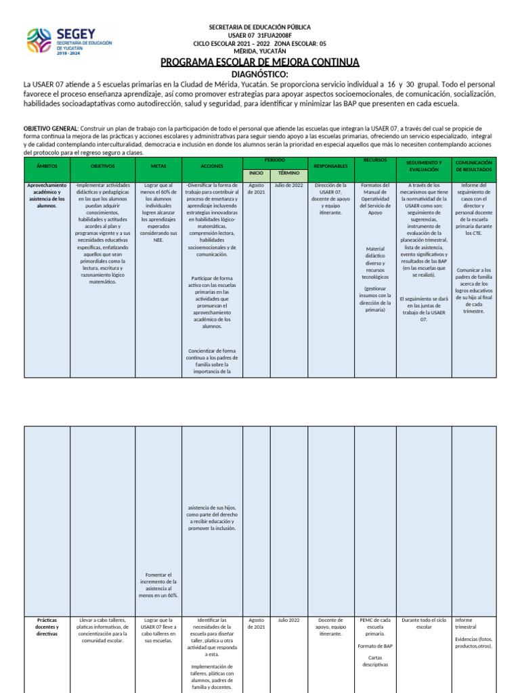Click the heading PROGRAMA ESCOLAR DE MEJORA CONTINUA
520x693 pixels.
(259, 63)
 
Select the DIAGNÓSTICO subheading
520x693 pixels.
(259, 74)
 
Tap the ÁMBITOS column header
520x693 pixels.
(47, 166)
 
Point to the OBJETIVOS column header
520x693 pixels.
(102, 166)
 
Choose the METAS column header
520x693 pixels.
(158, 166)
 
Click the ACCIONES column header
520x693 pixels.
(212, 166)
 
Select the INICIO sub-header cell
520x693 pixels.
(257, 173)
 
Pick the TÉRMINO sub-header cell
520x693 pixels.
(288, 173)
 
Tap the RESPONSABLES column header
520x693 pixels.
(330, 166)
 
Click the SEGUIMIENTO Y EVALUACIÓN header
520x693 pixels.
(424, 166)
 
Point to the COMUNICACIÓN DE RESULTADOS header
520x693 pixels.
(473, 166)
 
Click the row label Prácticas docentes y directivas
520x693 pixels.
(47, 627)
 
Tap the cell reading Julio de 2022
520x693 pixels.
(288, 185)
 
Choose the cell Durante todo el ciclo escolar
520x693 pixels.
(424, 623)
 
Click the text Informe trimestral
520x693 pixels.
(467, 623)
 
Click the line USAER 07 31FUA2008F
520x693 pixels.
(259, 35)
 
